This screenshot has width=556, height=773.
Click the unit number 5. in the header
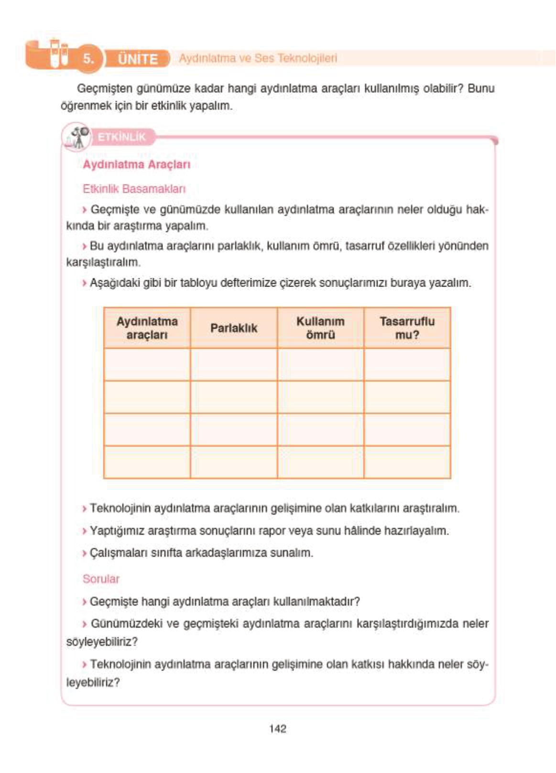point(88,58)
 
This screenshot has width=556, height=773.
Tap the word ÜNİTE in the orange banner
point(138,59)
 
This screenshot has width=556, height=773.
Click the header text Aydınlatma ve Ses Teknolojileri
point(258,58)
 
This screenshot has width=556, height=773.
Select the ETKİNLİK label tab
point(121,137)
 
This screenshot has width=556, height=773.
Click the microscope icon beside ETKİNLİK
point(77,137)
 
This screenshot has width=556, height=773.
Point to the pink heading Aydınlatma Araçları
point(136,165)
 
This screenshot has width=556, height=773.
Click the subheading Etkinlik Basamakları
point(134,189)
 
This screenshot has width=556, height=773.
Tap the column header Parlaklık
point(234,328)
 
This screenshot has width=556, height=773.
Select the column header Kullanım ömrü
point(320,328)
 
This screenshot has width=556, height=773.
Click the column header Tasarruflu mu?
point(407,328)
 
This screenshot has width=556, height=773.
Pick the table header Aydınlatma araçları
point(147,328)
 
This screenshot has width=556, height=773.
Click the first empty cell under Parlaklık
point(234,364)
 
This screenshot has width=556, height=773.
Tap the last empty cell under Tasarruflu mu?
point(407,462)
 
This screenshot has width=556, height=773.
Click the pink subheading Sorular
point(101,579)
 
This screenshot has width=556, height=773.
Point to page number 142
point(278,729)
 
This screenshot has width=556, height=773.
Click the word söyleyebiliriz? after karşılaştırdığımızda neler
point(102,642)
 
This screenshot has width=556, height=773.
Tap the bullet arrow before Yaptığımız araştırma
point(85,531)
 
